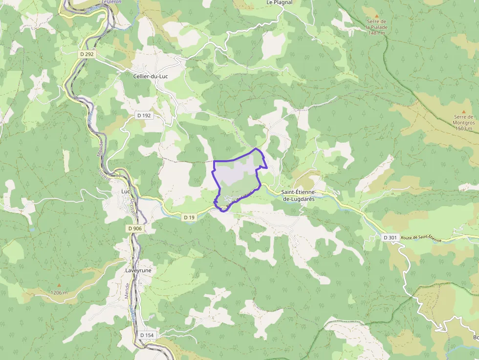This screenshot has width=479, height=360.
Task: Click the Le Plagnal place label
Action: [x=280, y=2]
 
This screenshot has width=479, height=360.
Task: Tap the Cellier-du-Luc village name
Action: [x=150, y=76]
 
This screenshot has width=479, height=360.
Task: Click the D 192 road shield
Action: [x=144, y=115]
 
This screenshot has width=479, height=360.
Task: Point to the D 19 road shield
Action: [x=190, y=217]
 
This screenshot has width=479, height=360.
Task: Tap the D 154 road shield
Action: [x=147, y=335]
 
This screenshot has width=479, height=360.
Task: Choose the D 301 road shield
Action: [x=390, y=237]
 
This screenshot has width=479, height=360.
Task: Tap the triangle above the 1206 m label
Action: [x=59, y=285]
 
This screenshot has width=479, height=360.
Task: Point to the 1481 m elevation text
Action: [x=377, y=33]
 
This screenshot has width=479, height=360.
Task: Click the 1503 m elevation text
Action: [x=464, y=128]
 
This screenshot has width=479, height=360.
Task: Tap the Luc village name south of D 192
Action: [x=126, y=191]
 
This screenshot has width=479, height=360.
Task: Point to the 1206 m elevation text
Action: [x=59, y=293]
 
